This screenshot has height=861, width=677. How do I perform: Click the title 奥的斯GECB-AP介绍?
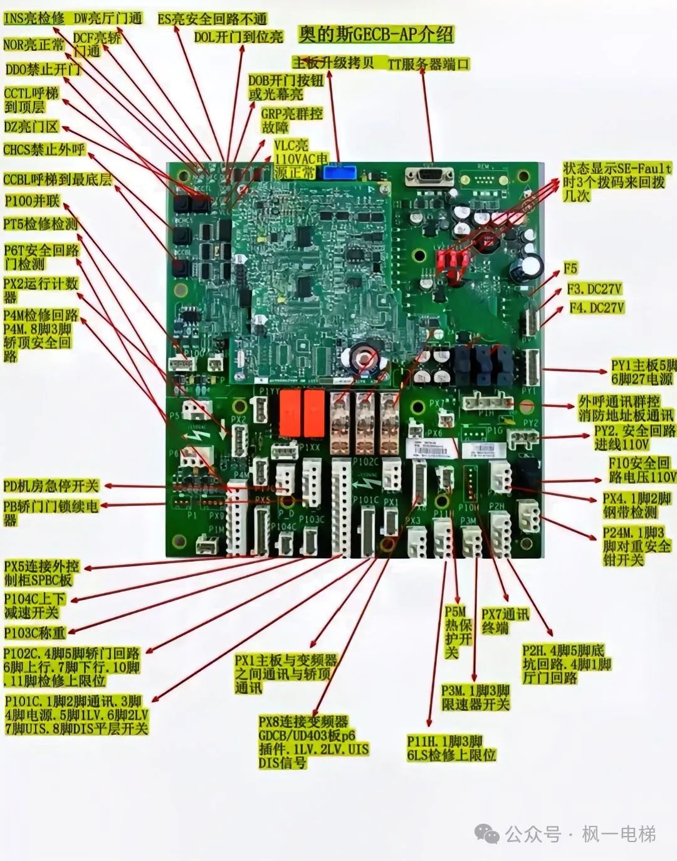pyautogui.click(x=375, y=35)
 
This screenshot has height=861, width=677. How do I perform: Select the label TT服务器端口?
pyautogui.click(x=428, y=64)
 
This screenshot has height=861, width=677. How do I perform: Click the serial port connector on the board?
pyautogui.click(x=429, y=176)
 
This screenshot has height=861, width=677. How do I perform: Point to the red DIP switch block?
pyautogui.click(x=452, y=258)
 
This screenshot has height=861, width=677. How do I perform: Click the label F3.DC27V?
pyautogui.click(x=594, y=289)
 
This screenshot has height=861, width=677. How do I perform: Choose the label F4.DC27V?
pyautogui.click(x=596, y=308)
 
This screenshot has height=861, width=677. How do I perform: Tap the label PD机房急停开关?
pyautogui.click(x=51, y=486)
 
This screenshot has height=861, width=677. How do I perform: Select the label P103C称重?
pyautogui.click(x=34, y=633)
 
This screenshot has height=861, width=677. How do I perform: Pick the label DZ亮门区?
pyautogui.click(x=31, y=127)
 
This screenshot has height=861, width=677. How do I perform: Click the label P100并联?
pyautogui.click(x=31, y=201)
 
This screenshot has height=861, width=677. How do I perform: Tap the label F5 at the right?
pyautogui.click(x=570, y=268)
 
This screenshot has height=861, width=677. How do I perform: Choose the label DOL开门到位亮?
pyautogui.click(x=238, y=37)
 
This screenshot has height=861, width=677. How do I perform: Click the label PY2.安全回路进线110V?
pyautogui.click(x=634, y=438)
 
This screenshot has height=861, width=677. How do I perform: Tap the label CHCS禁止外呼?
pyautogui.click(x=44, y=150)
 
